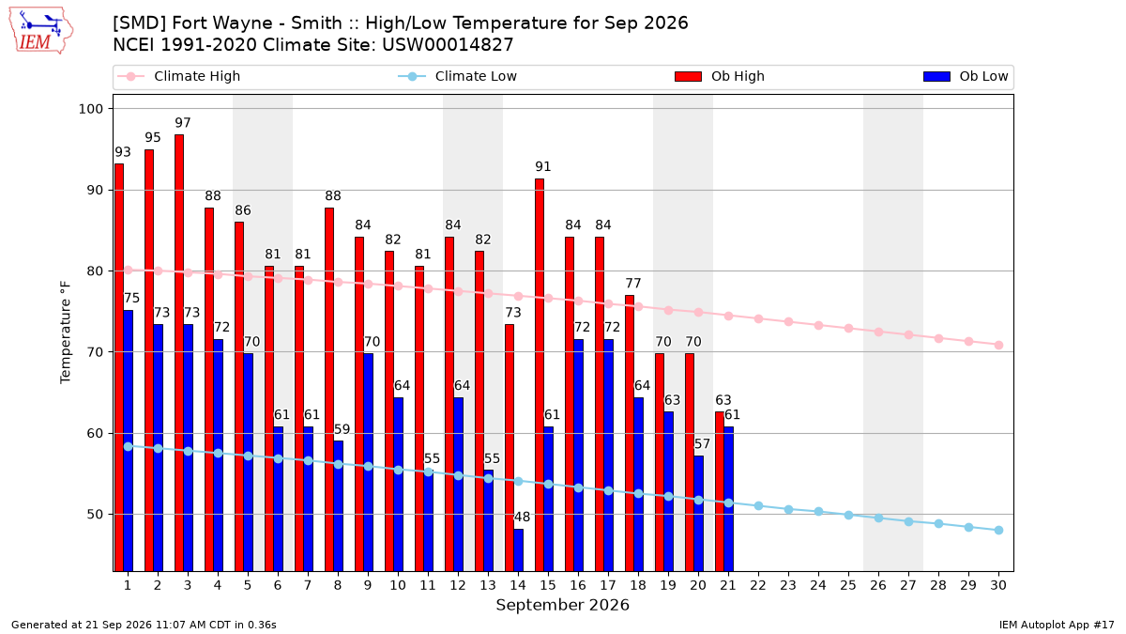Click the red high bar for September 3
pyautogui.click(x=179, y=353)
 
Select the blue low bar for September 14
pyautogui.click(x=518, y=550)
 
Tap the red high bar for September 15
pyautogui.click(x=540, y=375)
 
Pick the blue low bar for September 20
pyautogui.click(x=699, y=513)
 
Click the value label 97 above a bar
pyautogui.click(x=183, y=123)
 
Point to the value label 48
pyautogui.click(x=522, y=517)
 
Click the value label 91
pyautogui.click(x=543, y=166)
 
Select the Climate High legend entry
pyautogui.click(x=178, y=76)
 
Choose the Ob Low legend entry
pyautogui.click(x=966, y=76)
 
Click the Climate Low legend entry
pyautogui.click(x=457, y=76)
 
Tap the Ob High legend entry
pyautogui.click(x=720, y=76)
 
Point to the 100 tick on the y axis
pyautogui.click(x=90, y=109)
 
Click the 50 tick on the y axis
pyautogui.click(x=95, y=515)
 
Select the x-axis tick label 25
pyautogui.click(x=848, y=585)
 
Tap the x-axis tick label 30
pyautogui.click(x=998, y=585)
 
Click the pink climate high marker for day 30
pyautogui.click(x=998, y=346)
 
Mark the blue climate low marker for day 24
pyautogui.click(x=818, y=512)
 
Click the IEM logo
pyautogui.click(x=41, y=31)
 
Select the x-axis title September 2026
pyautogui.click(x=562, y=605)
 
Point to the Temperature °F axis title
pyautogui.click(x=66, y=332)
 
